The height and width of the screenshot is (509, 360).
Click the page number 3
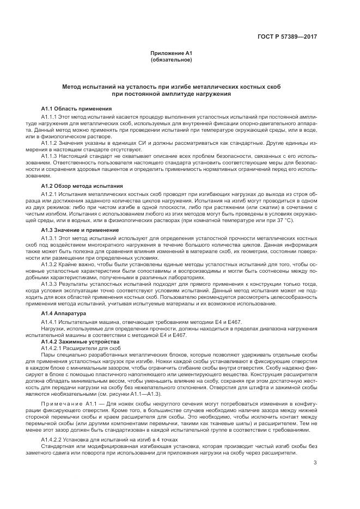coord(315,463)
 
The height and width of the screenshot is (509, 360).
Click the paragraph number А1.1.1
coord(50,116)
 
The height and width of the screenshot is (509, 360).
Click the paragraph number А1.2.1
coord(50,194)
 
